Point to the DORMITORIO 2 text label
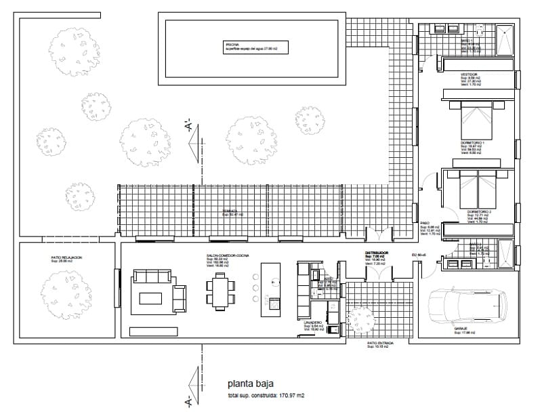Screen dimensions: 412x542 point(478,212)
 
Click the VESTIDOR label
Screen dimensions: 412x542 point(469,74)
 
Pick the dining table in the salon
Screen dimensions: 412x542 point(222,290)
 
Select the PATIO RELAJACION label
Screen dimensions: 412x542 point(66,257)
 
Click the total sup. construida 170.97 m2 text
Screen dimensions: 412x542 point(266,395)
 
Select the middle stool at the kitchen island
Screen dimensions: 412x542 point(255,287)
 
